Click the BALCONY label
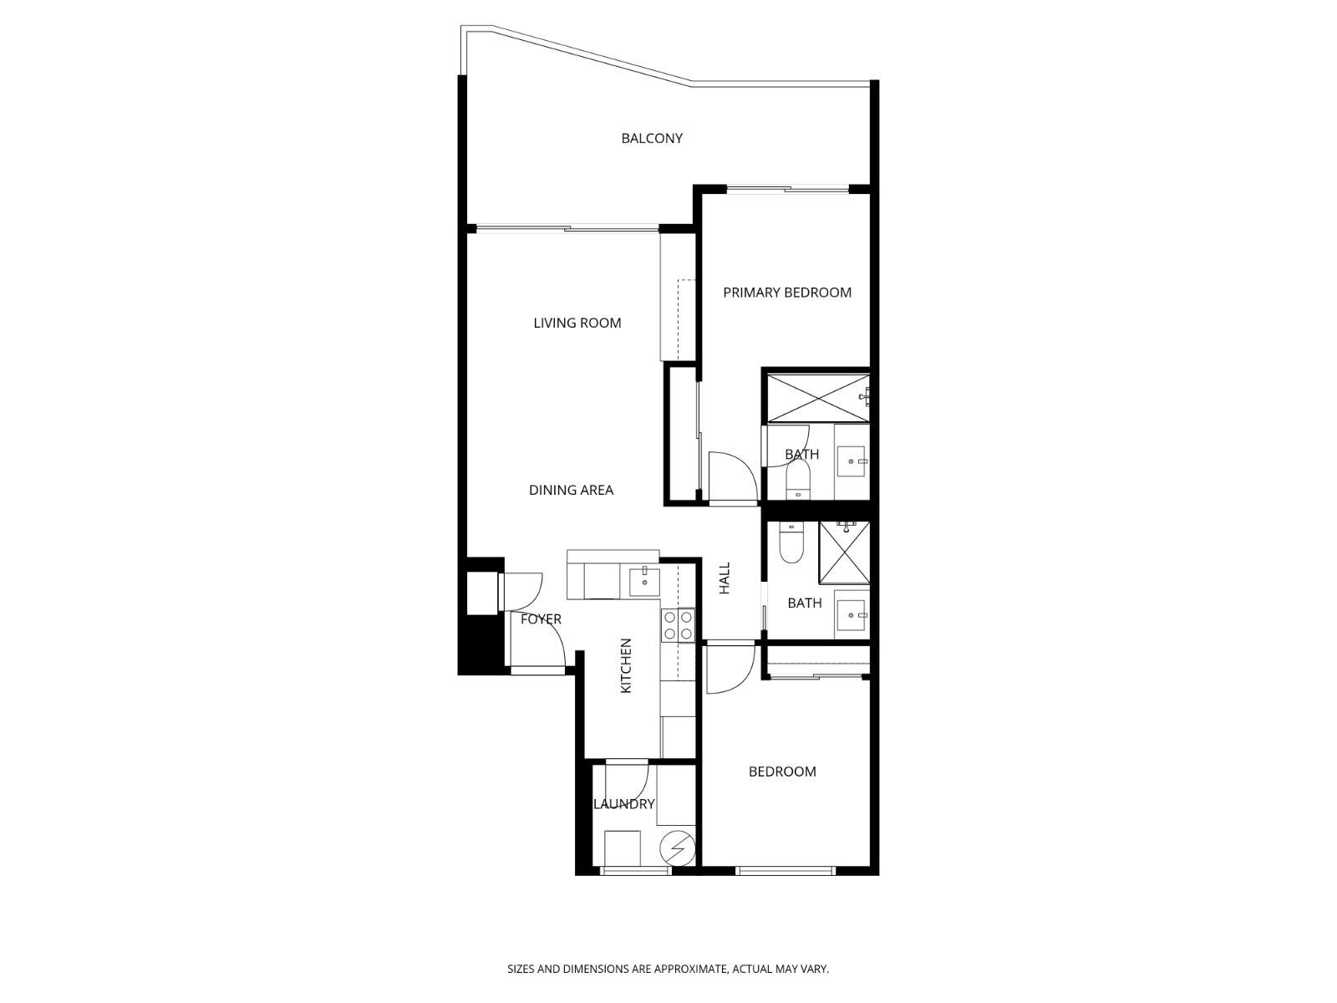coord(652,138)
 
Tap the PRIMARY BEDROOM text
coord(787,292)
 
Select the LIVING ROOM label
coord(577,323)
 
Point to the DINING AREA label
coord(571,490)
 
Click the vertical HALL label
coord(724,578)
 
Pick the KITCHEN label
coord(626,665)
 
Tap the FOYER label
coord(541,619)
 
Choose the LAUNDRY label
coord(623,804)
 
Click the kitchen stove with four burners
coord(678,625)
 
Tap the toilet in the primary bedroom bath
coord(798,480)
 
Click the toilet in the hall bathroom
coord(790,543)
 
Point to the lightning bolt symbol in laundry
coord(677,849)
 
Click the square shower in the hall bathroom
coord(844,552)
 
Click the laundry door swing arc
coord(631,782)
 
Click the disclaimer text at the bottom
coord(668,969)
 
